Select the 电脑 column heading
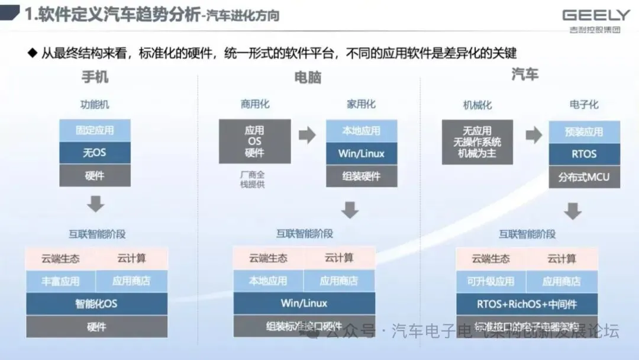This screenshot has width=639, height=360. pyautogui.click(x=308, y=78)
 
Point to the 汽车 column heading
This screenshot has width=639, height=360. pyautogui.click(x=525, y=75)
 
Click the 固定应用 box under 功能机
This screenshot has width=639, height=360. pyautogui.click(x=95, y=130)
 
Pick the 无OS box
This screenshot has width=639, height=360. pyautogui.click(x=95, y=153)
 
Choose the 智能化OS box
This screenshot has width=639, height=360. pyautogui.click(x=96, y=304)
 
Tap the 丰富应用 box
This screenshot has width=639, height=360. pyautogui.click(x=60, y=281)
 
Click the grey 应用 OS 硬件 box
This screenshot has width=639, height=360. pyautogui.click(x=254, y=142)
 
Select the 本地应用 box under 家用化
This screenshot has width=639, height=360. pyautogui.click(x=362, y=131)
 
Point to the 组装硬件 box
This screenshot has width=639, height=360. pyautogui.click(x=362, y=176)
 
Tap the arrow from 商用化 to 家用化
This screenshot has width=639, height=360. pyautogui.click(x=307, y=136)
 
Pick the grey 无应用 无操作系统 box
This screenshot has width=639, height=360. pyautogui.click(x=477, y=142)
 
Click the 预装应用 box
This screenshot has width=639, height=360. pyautogui.click(x=584, y=132)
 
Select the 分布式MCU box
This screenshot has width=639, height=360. pyautogui.click(x=584, y=176)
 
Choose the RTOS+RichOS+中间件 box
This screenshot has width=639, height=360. pyautogui.click(x=527, y=304)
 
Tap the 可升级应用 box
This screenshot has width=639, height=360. pyautogui.click(x=491, y=281)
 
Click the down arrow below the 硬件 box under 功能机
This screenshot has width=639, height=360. pyautogui.click(x=95, y=204)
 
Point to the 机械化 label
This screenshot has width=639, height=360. pyautogui.click(x=477, y=105)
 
